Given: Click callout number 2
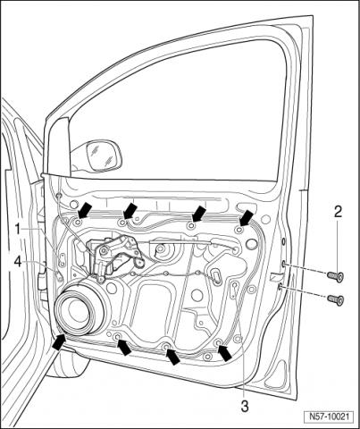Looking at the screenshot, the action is click(x=338, y=212).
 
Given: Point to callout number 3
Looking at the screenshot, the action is click(x=245, y=406).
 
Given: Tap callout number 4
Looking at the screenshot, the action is click(x=18, y=263).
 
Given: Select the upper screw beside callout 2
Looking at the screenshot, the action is click(x=335, y=276).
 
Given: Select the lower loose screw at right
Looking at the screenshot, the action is click(x=335, y=299).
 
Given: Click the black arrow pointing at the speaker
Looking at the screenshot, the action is click(x=58, y=342).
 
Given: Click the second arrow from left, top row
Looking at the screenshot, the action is click(x=130, y=211).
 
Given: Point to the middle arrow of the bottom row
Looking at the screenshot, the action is click(x=173, y=357).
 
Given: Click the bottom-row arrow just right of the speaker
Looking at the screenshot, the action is click(x=124, y=348).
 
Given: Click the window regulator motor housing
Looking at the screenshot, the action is click(x=113, y=256).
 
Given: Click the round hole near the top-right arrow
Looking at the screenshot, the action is click(x=252, y=244).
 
